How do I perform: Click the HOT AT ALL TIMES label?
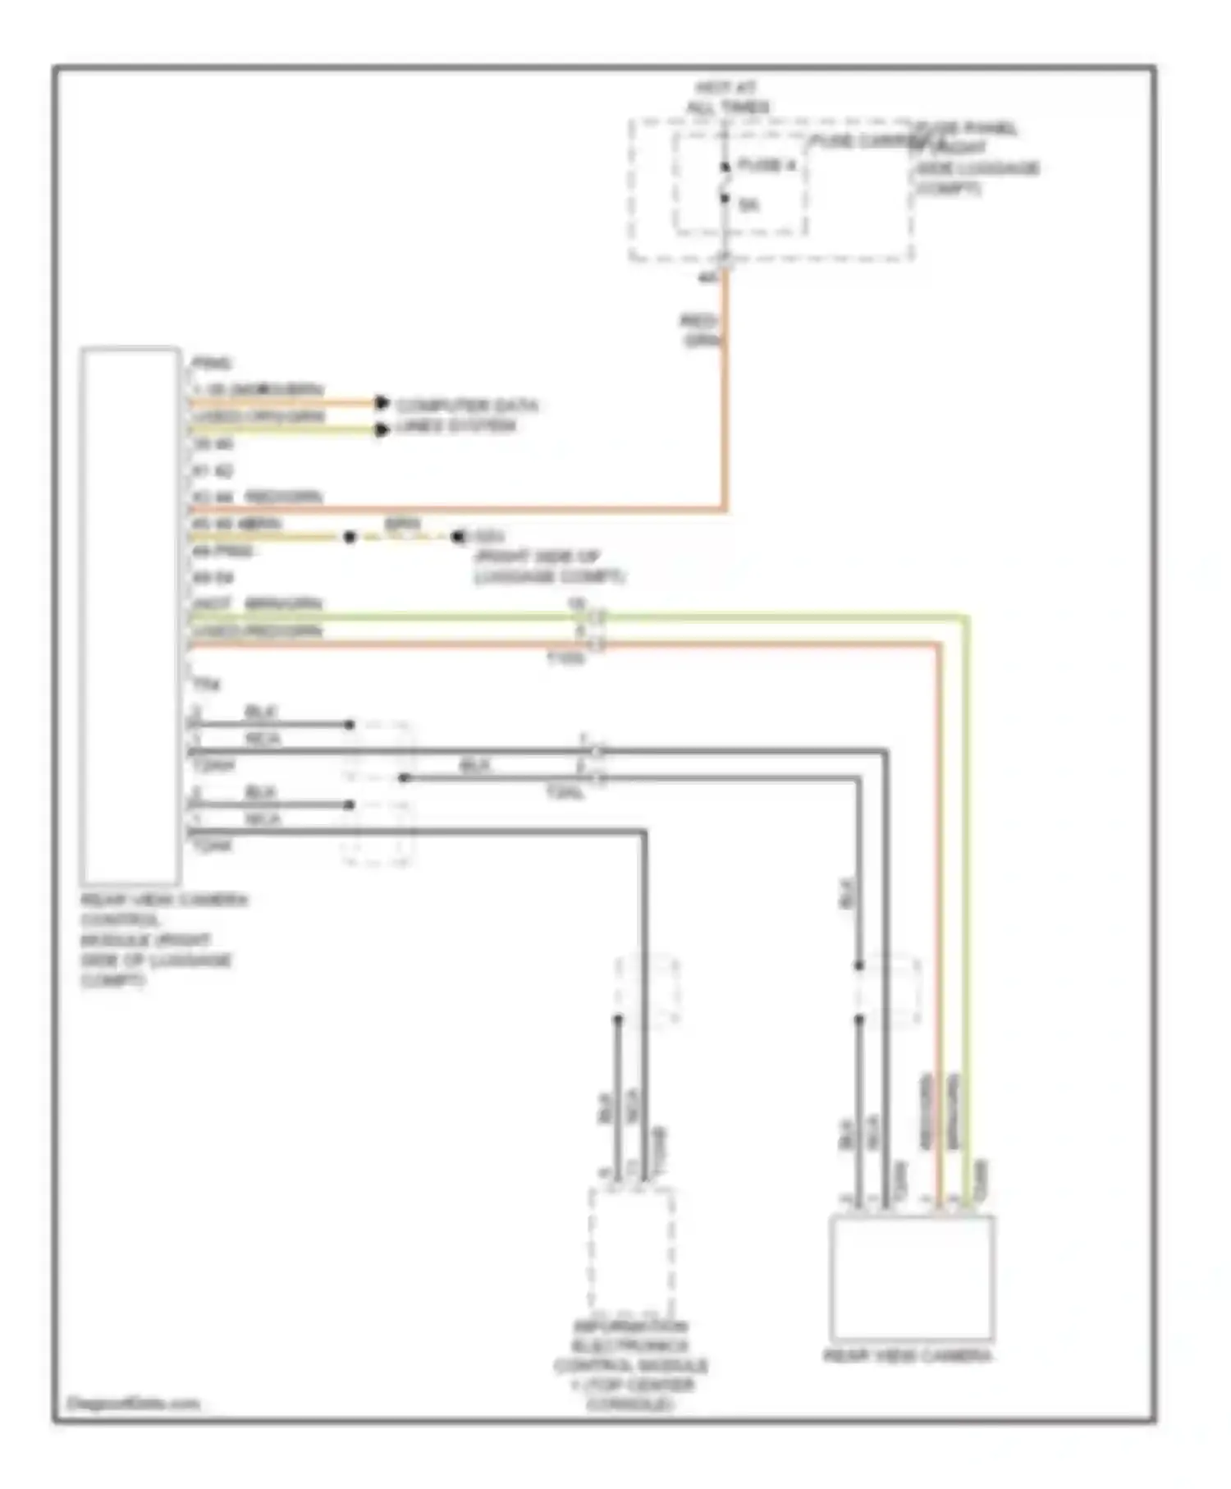730,97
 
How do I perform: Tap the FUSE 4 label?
767,166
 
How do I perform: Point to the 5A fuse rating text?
748,205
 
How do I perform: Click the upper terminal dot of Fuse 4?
725,168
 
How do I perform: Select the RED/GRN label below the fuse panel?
700,330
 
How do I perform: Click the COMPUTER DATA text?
467,405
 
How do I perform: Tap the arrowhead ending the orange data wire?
381,403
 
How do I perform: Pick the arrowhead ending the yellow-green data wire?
381,429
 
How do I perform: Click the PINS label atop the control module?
211,363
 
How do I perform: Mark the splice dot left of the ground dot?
350,538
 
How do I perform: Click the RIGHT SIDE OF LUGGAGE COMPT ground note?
548,566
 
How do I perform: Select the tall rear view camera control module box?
131,616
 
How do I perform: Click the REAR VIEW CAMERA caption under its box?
907,1356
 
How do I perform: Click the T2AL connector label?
565,793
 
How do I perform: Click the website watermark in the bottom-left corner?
132,1404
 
